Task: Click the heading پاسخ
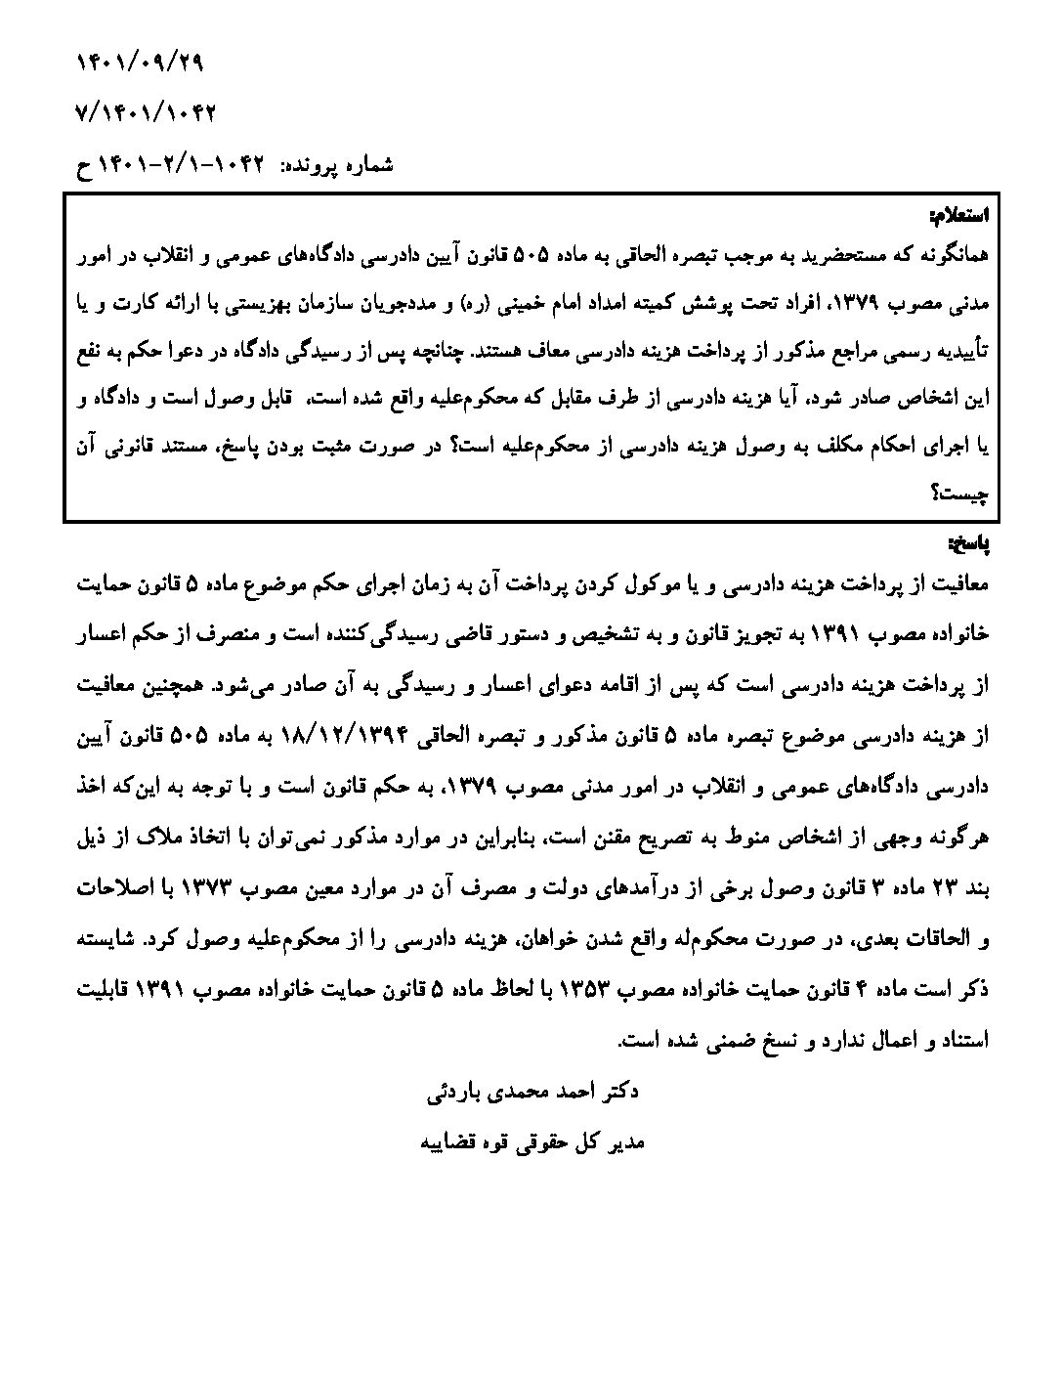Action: (x=970, y=541)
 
